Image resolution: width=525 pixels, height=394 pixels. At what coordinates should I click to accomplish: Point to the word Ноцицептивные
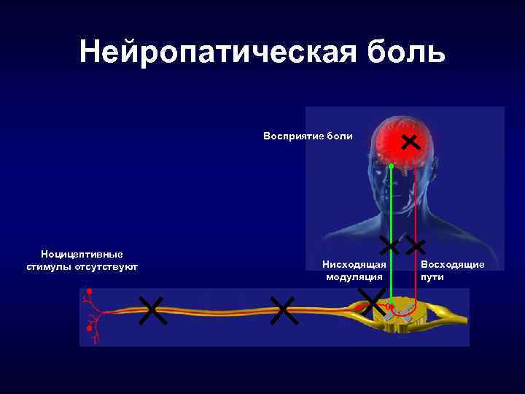click(82, 255)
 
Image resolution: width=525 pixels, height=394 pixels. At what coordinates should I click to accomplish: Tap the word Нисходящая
click(354, 266)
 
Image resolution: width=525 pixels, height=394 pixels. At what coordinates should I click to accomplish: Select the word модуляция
click(354, 277)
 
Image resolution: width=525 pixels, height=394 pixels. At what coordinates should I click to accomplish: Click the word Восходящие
click(453, 265)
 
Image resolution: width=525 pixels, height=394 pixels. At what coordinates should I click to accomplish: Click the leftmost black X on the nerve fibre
click(152, 311)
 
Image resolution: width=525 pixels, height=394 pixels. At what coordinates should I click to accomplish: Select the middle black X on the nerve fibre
click(282, 311)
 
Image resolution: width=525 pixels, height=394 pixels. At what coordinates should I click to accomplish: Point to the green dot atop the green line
click(390, 166)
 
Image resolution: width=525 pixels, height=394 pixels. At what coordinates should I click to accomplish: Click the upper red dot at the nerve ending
click(90, 292)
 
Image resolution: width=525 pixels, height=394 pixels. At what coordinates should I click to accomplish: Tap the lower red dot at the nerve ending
click(90, 329)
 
